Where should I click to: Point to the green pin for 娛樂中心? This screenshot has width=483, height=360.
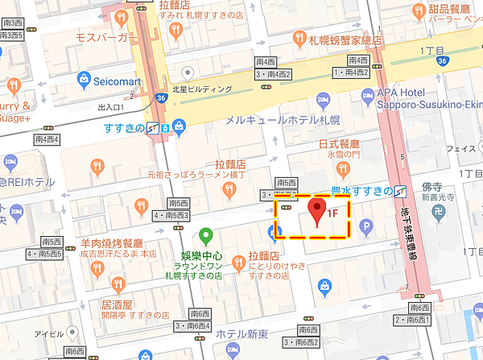[x=206, y=236]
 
